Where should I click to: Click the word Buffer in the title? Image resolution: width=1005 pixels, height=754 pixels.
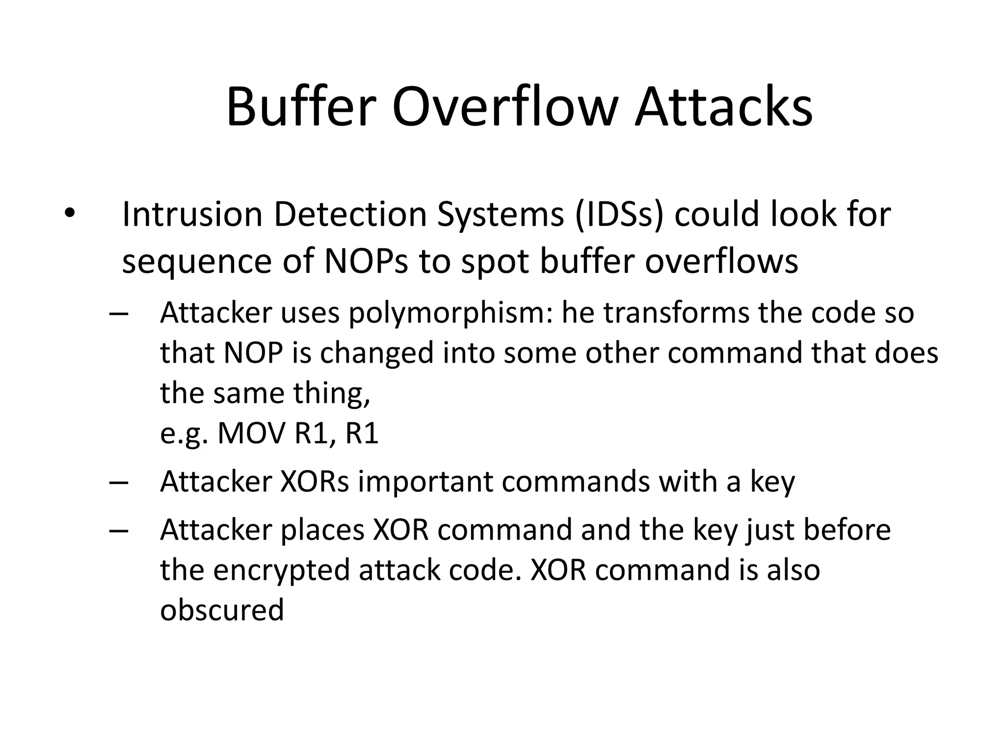pyautogui.click(x=301, y=107)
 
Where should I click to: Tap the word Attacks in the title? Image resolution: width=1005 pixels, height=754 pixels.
pyautogui.click(x=724, y=107)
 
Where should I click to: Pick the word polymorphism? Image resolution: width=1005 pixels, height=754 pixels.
pyautogui.click(x=450, y=313)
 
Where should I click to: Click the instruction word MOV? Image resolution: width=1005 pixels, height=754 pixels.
pyautogui.click(x=251, y=433)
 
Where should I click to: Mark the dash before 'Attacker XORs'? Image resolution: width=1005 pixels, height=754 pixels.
pyautogui.click(x=119, y=482)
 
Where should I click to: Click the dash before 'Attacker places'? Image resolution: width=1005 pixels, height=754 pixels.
pyautogui.click(x=119, y=530)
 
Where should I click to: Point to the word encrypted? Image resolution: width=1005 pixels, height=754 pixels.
pyautogui.click(x=282, y=570)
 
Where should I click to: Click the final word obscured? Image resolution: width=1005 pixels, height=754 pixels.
pyautogui.click(x=222, y=610)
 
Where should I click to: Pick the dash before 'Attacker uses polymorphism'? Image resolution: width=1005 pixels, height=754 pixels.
pyautogui.click(x=119, y=313)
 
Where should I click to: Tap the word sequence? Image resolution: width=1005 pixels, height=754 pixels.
pyautogui.click(x=197, y=262)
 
